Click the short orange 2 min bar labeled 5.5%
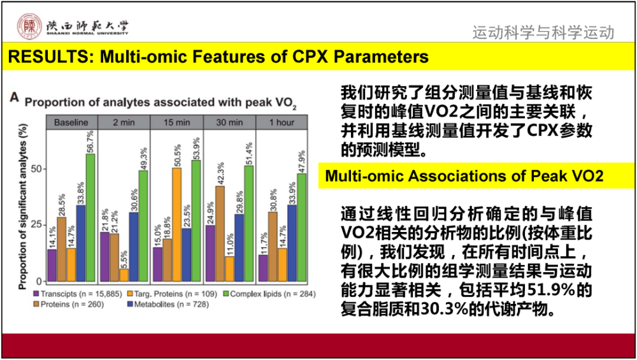(x=124, y=275)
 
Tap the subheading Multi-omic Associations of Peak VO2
(x=464, y=176)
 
